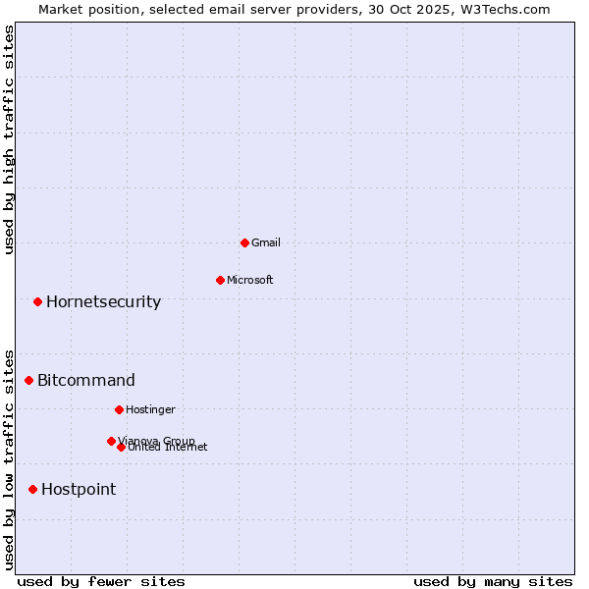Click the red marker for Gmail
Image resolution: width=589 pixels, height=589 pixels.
pos(244,242)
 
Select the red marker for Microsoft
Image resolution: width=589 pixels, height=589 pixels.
pos(220,280)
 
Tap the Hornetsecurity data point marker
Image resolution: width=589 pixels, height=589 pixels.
pos(37,301)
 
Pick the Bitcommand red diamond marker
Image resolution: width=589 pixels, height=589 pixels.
pos(28,380)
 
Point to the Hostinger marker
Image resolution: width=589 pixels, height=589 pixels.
pos(119,409)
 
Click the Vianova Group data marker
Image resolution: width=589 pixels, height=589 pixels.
pos(111,441)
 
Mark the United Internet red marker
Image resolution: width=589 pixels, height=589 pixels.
pos(121,447)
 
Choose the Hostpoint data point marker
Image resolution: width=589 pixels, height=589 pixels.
pos(32,489)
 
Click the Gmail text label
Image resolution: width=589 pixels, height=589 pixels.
pos(266,242)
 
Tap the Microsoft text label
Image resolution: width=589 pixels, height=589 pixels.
pos(250,280)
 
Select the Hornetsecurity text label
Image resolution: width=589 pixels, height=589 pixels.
pos(103,301)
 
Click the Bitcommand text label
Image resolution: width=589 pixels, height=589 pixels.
pos(86,380)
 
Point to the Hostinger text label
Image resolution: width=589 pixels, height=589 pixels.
pos(150,409)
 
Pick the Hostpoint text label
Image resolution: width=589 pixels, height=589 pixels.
pos(79,489)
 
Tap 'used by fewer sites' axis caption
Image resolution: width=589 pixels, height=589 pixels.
pos(101,581)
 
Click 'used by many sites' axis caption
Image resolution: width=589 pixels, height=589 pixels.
pos(493,581)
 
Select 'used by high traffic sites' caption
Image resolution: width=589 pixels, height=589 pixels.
pos(9,139)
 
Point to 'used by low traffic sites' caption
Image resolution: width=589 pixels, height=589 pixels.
pos(9,458)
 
